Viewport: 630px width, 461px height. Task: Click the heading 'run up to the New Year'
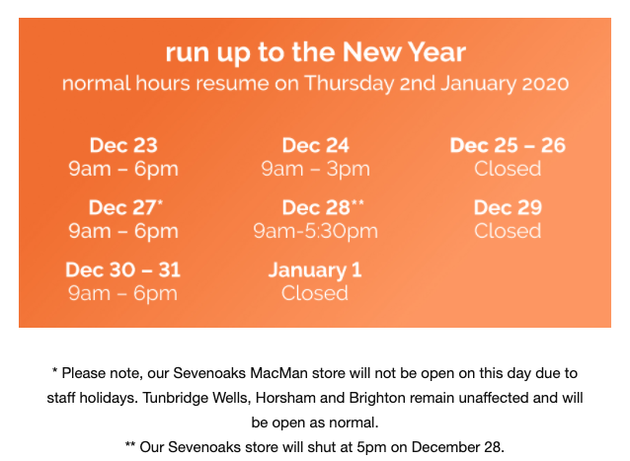coord(315,52)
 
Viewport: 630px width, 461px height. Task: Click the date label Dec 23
coord(123,145)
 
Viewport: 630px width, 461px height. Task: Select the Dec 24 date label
coord(315,145)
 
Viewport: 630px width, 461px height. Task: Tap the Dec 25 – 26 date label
coord(508,145)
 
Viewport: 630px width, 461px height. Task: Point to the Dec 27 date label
coord(122,207)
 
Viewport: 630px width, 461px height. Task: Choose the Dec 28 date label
coord(316,207)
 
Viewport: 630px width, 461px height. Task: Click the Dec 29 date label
coord(508,207)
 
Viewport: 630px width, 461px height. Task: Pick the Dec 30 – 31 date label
coord(123,269)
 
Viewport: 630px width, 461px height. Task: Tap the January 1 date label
coord(315,270)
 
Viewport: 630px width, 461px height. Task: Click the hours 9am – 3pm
coord(315,169)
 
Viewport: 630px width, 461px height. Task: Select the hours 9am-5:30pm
coord(315,231)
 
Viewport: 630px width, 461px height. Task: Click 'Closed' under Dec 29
coord(508,231)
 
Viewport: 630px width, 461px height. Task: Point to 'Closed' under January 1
coord(315,293)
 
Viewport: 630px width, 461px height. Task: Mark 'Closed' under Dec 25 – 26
coord(508,169)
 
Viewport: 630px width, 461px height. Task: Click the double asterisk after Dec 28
coord(357,202)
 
